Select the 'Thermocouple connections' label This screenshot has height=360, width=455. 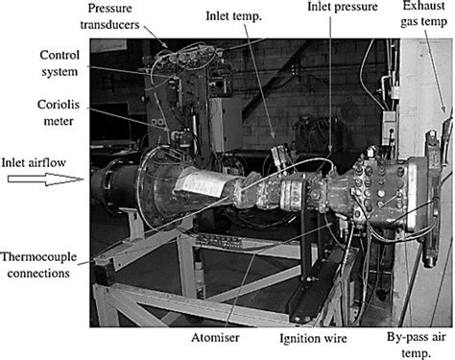click(40, 264)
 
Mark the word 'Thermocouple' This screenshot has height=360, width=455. click(40, 256)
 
